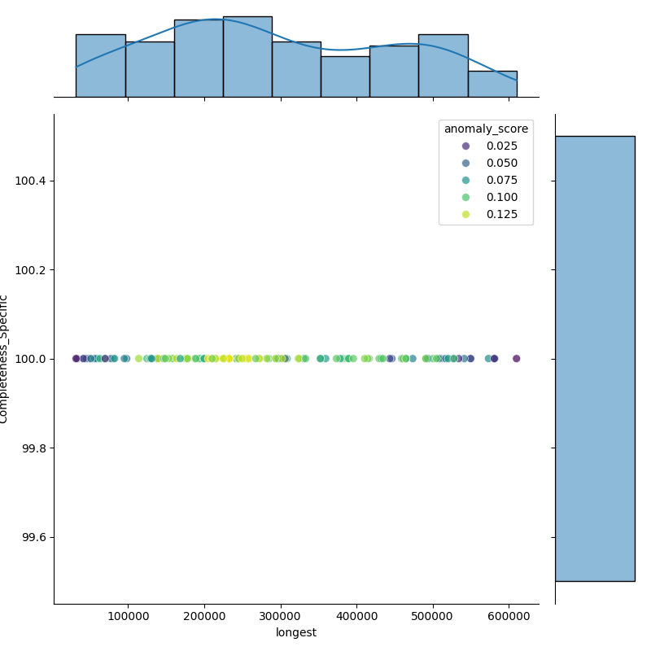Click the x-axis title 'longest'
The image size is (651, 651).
click(296, 632)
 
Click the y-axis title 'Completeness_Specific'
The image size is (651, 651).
click(4, 359)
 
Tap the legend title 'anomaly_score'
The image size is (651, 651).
click(486, 129)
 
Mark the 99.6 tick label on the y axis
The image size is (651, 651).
click(34, 537)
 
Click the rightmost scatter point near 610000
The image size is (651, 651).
click(516, 358)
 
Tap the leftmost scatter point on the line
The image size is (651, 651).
click(76, 358)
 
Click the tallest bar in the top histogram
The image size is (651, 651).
click(247, 57)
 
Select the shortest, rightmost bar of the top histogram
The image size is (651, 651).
click(492, 85)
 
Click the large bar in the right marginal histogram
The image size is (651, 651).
click(595, 358)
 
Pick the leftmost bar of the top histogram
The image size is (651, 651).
click(100, 66)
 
